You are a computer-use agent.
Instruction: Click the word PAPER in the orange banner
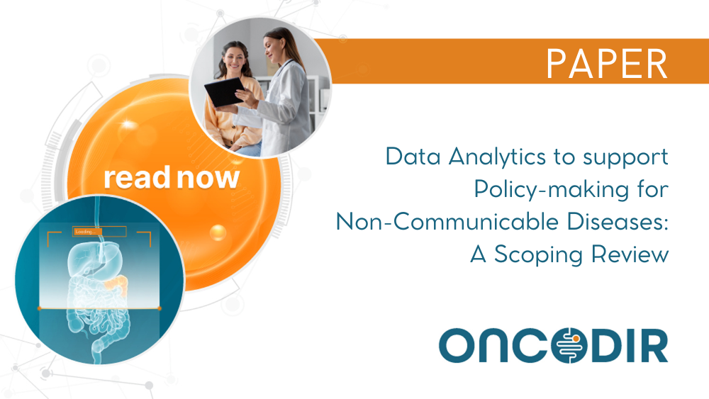coord(607,64)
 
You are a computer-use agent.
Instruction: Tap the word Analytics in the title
coord(497,157)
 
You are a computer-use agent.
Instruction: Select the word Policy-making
coord(551,189)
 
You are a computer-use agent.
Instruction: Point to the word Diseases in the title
coord(618,222)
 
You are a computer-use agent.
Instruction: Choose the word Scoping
coord(538,254)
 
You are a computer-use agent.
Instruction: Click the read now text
coord(172,178)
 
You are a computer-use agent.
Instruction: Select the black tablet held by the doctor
coord(225,91)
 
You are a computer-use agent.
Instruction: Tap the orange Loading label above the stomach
coord(87,232)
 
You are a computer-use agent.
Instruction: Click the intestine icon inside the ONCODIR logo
coord(569,346)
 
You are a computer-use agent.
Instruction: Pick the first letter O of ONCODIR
coord(457,346)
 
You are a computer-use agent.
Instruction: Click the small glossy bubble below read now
coord(218,232)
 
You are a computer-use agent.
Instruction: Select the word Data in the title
coord(413,157)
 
